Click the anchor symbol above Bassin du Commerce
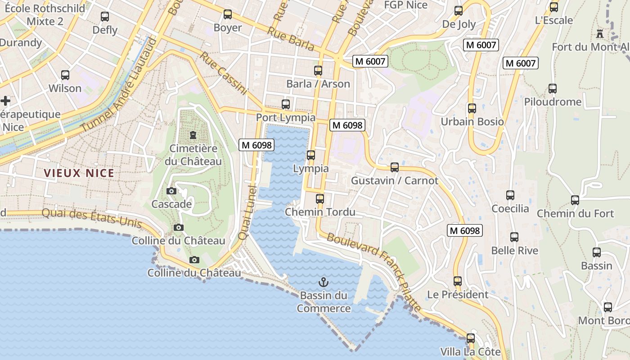[323, 282]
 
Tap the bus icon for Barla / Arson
[318, 70]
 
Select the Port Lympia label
[285, 117]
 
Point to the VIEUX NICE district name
[79, 173]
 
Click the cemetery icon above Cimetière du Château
[193, 135]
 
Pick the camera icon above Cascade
[171, 191]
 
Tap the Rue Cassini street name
[224, 73]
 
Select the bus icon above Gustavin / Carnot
[395, 167]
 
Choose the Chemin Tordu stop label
[320, 212]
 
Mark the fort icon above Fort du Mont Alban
[599, 33]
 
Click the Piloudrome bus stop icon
[553, 89]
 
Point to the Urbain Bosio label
[472, 121]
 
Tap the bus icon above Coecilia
[510, 195]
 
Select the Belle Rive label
[514, 250]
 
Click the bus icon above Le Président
[458, 281]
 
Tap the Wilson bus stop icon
[65, 75]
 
